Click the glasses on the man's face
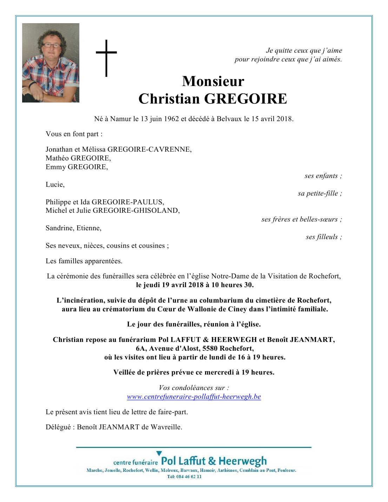pos(51,45)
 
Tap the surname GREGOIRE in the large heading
pos(245,99)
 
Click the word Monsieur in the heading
pos(213,81)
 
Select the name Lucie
pos(55,185)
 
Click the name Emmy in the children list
pos(55,167)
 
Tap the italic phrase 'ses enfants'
pos(321,176)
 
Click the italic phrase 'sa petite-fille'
pos(318,193)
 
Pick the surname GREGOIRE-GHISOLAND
pos(136,211)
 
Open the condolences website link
pos(194,397)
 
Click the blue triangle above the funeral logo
pos(159,454)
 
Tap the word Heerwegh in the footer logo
pos(243,461)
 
